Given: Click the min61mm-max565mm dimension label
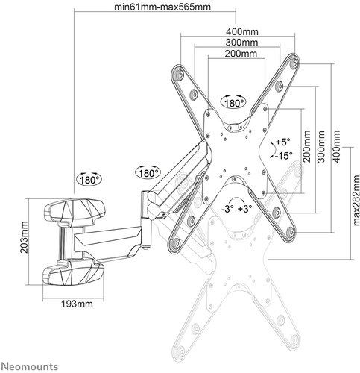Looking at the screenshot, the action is point(162,7).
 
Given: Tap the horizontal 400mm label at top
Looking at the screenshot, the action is point(242,31).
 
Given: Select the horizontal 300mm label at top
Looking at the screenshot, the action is point(241,43).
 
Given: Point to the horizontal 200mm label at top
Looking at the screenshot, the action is point(241,54).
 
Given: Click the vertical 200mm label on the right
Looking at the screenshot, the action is point(307,146).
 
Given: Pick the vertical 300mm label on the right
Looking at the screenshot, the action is point(321,146).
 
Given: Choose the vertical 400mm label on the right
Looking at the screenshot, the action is point(336,146).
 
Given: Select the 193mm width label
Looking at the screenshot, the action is point(77,304).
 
